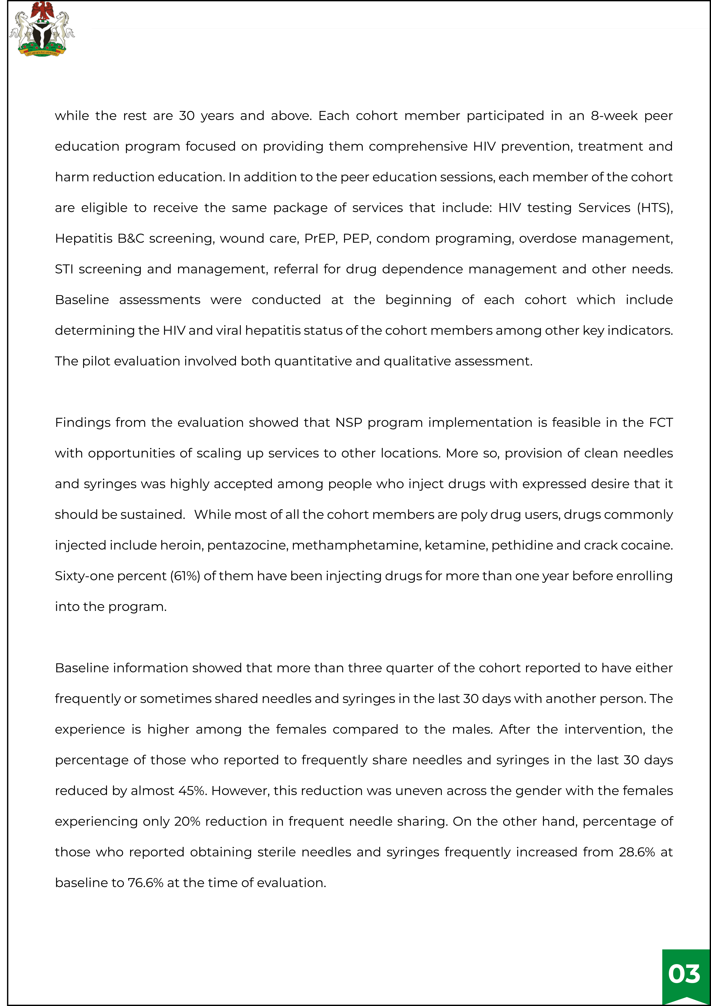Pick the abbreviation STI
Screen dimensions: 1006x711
click(x=64, y=269)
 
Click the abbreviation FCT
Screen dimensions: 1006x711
click(x=661, y=422)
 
